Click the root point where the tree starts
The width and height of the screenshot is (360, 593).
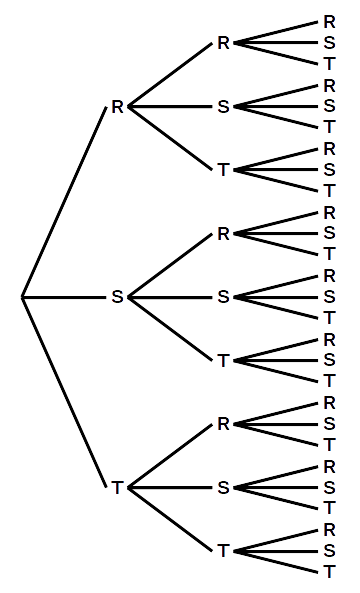[x=22, y=297]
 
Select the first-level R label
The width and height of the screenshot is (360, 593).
[x=117, y=107]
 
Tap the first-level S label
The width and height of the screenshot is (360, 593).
[x=117, y=297]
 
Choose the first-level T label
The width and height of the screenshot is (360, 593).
[x=117, y=487]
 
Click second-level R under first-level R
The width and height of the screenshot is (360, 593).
[x=224, y=43]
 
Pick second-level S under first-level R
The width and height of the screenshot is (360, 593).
[x=224, y=107]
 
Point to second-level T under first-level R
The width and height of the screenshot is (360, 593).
[x=224, y=170]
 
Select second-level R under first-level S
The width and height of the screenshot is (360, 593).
[x=224, y=234]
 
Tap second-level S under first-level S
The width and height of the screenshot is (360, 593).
[x=224, y=297]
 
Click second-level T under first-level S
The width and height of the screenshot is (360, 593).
[x=224, y=360]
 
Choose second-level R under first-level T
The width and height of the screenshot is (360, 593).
[x=224, y=424]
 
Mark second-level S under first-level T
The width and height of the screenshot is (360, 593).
[x=224, y=487]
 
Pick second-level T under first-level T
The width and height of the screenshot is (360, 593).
[x=224, y=550]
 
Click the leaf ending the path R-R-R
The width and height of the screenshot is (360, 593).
[x=329, y=22]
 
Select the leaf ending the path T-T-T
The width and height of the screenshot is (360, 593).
[x=329, y=572]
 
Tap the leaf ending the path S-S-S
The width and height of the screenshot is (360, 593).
[x=329, y=297]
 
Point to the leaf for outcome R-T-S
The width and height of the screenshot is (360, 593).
[x=329, y=170]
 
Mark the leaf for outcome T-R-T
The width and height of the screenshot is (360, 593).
[x=329, y=445]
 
